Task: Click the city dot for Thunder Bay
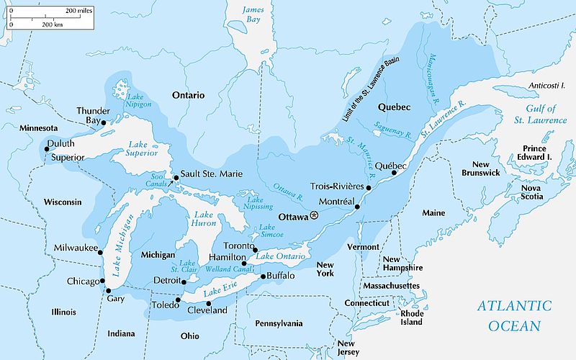[104, 122]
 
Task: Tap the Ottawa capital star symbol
[313, 216]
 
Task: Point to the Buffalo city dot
[263, 276]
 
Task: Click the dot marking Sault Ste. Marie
[175, 177]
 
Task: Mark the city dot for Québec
[394, 173]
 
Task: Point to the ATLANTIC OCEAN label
[514, 315]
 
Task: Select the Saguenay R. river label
[393, 129]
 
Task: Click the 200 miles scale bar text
[79, 12]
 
